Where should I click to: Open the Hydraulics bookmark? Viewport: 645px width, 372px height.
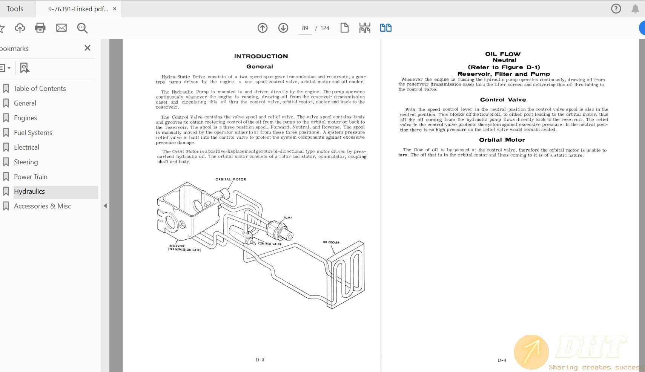coord(29,191)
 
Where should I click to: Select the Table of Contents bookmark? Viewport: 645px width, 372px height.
coord(40,89)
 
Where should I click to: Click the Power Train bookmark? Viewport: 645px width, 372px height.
coord(31,177)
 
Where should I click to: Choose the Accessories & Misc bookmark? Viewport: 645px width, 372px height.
coord(42,206)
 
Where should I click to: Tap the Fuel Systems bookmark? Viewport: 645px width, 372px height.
coord(33,133)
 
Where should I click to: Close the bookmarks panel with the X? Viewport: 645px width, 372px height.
coord(88,48)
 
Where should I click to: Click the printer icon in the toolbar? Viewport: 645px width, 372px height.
coord(40,28)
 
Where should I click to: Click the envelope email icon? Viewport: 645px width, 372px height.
coord(61,28)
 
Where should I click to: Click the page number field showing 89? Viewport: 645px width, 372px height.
coord(305,28)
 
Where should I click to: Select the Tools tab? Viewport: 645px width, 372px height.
coord(15,9)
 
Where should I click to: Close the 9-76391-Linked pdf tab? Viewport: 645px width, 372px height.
coord(115,9)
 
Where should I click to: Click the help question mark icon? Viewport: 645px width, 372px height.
coord(616,9)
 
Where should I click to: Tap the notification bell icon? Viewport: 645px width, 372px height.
coord(635,9)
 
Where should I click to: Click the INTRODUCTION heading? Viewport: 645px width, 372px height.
coord(261,56)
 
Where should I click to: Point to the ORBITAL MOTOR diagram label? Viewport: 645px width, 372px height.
coord(230,179)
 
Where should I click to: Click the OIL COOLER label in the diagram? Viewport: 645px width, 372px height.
coord(331,242)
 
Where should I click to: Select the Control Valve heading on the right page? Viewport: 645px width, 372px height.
coord(503,100)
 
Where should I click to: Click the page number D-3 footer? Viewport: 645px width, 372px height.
coord(260,360)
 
